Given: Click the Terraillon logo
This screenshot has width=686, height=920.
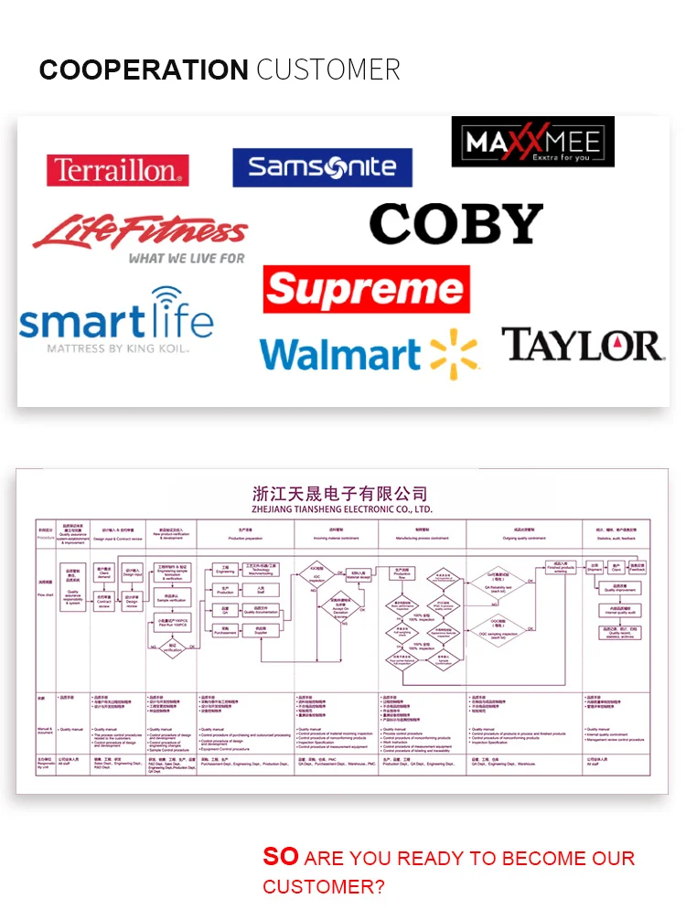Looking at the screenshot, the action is (x=117, y=170).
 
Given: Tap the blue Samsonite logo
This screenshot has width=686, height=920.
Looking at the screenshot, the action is (x=322, y=167).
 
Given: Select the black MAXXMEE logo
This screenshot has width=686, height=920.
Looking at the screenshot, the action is (x=532, y=142).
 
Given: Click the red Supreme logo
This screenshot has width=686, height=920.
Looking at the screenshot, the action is (x=366, y=289).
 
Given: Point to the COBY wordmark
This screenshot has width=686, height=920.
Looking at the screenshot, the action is (x=456, y=224).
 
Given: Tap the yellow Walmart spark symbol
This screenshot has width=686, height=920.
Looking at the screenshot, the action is (x=455, y=353).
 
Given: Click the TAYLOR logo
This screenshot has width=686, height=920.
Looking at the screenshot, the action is (x=582, y=346).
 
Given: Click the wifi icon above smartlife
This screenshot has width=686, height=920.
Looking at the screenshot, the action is (x=166, y=300).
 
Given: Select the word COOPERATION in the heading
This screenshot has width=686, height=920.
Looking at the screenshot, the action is (x=144, y=70).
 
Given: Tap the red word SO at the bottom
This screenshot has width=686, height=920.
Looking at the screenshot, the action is (x=281, y=856).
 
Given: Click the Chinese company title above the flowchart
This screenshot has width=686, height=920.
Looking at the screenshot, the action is (x=340, y=495).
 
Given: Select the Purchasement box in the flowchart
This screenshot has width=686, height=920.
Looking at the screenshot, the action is (x=225, y=630).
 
